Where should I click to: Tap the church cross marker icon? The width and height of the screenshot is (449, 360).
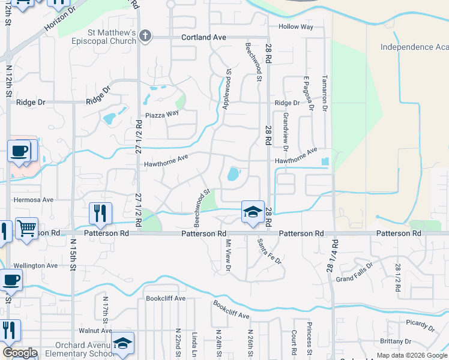[x=144, y=37]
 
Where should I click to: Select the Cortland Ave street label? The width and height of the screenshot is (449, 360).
[x=203, y=37]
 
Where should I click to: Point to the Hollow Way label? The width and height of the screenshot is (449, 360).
[x=296, y=27]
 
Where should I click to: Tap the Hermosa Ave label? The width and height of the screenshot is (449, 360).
[x=34, y=199]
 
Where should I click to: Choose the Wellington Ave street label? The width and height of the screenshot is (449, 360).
[x=35, y=265]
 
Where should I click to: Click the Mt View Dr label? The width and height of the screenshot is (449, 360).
[x=228, y=255]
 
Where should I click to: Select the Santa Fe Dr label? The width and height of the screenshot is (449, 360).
[x=269, y=251]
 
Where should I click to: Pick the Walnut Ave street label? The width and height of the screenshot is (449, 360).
[x=95, y=331]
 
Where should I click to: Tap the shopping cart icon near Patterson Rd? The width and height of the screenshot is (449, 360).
[x=26, y=229]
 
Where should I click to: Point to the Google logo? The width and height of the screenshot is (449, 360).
[x=20, y=353]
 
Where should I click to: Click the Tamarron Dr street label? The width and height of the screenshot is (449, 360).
[x=324, y=89]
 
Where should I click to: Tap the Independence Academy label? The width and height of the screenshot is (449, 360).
[x=415, y=47]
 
